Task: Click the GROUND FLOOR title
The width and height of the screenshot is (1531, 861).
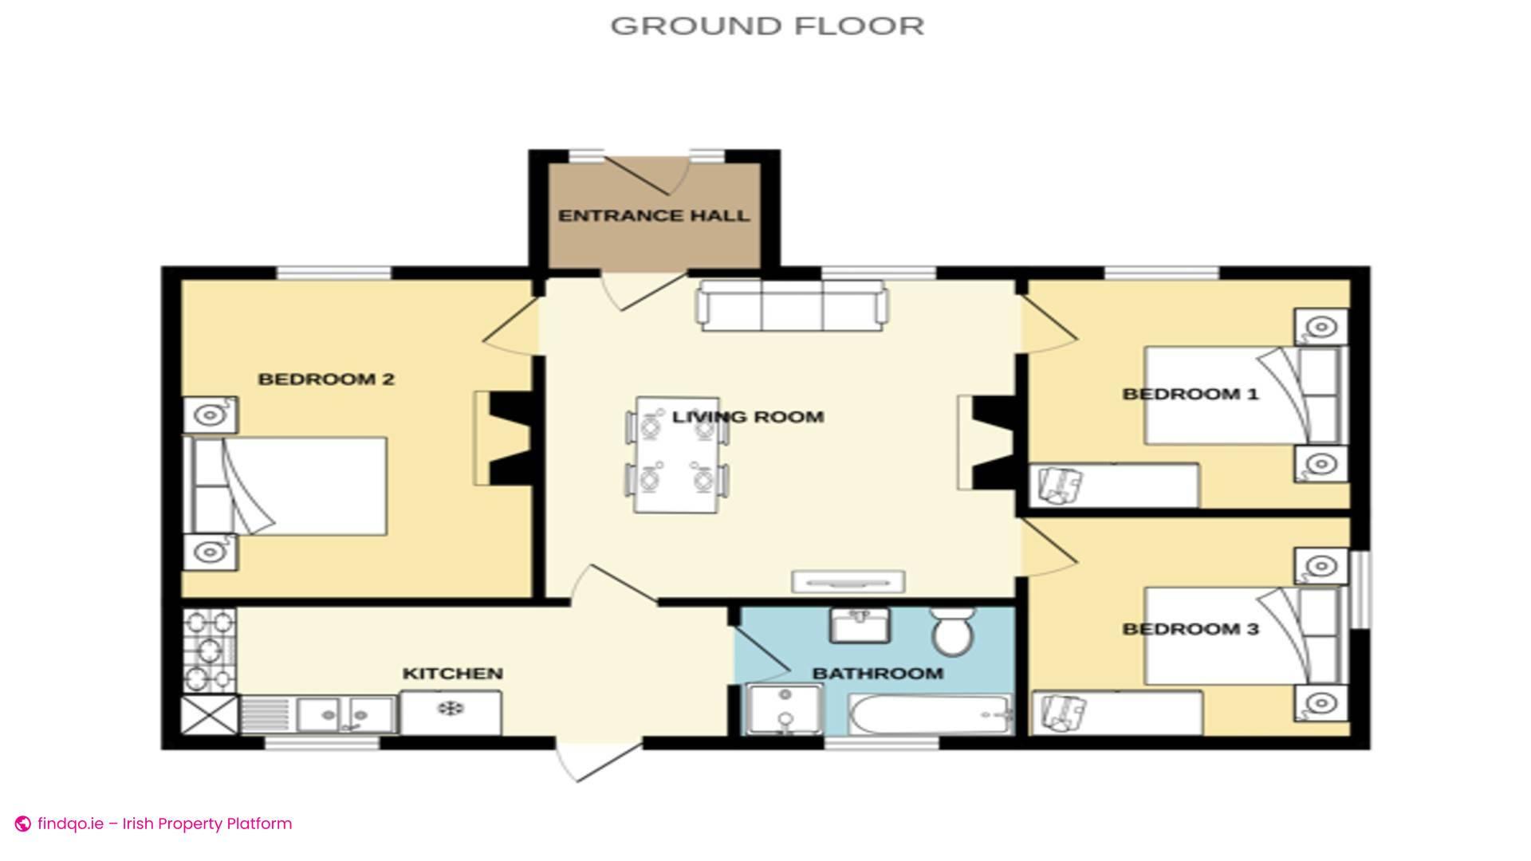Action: [x=767, y=26]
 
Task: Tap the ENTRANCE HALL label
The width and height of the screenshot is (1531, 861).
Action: [x=654, y=216]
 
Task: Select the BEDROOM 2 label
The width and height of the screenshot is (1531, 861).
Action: [x=326, y=379]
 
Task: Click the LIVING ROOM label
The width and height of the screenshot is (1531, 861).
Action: [x=748, y=417]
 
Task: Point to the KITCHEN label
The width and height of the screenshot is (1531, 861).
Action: [x=452, y=674]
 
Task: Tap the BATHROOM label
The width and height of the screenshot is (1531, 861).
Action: [x=877, y=674]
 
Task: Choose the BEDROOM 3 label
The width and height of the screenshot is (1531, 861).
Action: [x=1190, y=629]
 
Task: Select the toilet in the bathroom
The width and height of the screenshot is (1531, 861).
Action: [x=952, y=631]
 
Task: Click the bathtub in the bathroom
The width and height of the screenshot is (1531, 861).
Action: [x=931, y=714]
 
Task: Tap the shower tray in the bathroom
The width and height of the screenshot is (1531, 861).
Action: [x=785, y=710]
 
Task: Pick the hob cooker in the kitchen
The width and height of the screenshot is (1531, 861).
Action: [x=210, y=651]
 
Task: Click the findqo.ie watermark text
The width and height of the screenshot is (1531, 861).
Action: [x=163, y=824]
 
